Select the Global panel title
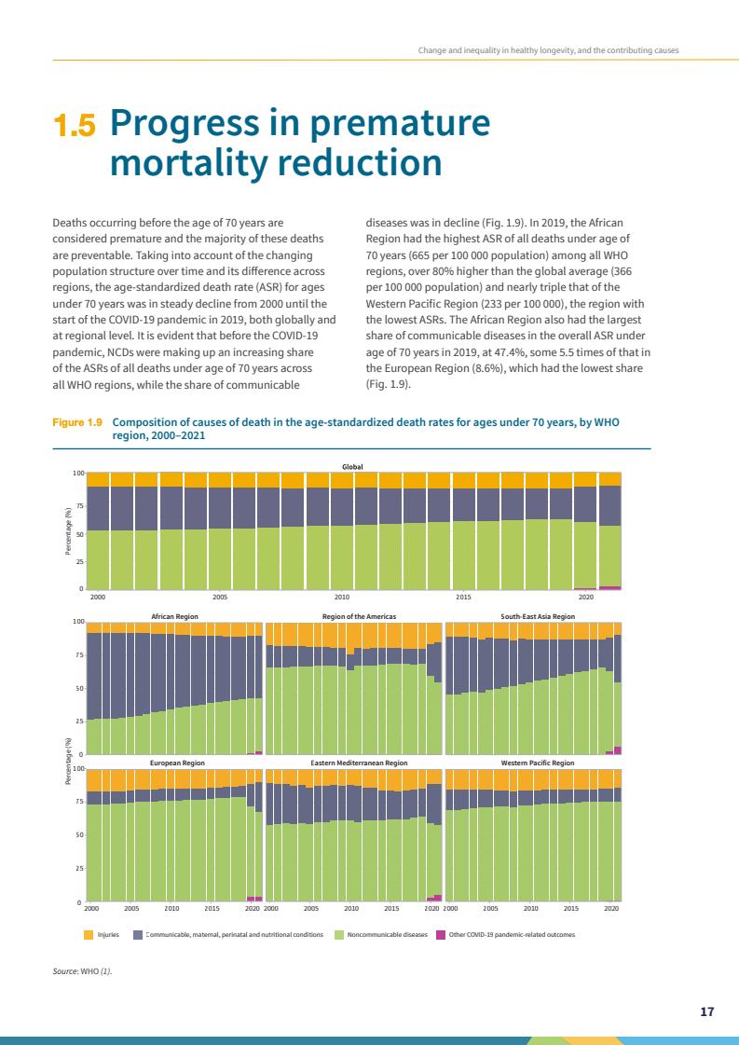[352, 466]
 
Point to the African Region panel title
[174, 616]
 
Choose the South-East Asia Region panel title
[538, 616]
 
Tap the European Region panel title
[177, 763]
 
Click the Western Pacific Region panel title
[538, 763]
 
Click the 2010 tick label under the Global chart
[342, 597]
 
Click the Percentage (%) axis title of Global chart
[68, 531]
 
